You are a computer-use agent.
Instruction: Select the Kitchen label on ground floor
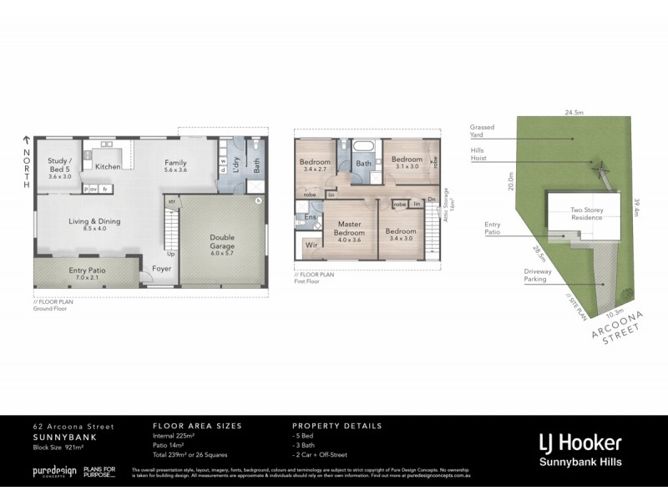[x=108, y=167]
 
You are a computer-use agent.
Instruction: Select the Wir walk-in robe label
[x=310, y=245]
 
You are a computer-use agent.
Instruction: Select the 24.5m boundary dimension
[x=572, y=111]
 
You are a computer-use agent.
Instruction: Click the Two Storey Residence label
[x=587, y=215]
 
